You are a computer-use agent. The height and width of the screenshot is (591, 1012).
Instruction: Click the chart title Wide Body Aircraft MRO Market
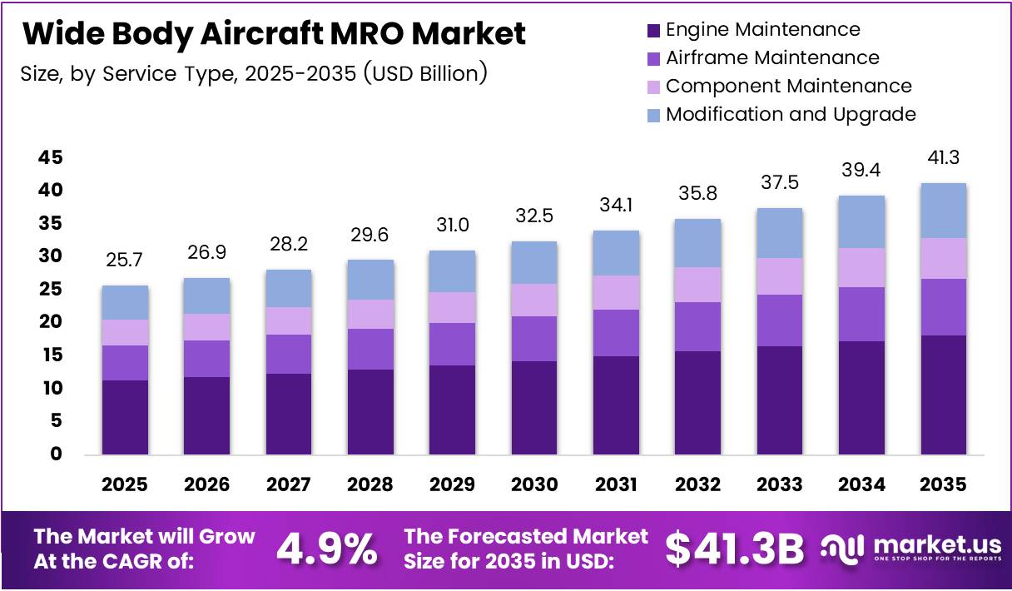coord(274,33)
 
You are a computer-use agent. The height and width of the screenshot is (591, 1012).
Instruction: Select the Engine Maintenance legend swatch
coord(653,31)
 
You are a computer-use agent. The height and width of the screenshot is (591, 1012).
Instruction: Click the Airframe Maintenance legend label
coord(772,57)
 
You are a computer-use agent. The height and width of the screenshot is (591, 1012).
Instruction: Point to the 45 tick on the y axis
coord(51,157)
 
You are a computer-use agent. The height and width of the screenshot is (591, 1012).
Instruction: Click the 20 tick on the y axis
coord(51,322)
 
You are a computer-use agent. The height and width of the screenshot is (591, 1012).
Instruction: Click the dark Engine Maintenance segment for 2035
coord(944,395)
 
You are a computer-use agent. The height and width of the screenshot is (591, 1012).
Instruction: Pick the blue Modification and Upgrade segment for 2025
coord(125,302)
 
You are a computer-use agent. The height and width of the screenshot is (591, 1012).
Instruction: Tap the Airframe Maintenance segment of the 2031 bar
coord(616,333)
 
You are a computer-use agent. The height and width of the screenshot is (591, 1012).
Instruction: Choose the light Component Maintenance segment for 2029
coord(453,307)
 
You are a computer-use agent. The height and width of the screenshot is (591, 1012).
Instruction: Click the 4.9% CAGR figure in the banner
coord(326,549)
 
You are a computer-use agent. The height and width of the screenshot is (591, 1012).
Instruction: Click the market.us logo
coord(911,549)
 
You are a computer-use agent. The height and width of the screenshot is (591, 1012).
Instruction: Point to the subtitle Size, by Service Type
coord(253,73)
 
